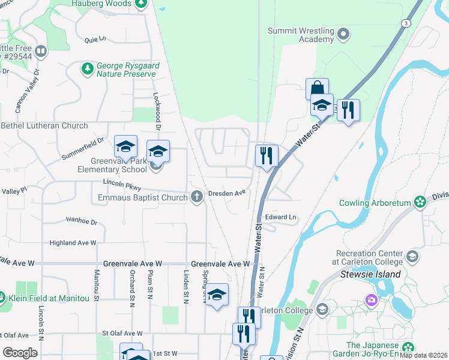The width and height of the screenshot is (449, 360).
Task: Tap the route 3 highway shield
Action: (406, 23)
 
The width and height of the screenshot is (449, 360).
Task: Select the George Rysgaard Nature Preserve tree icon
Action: (88, 69)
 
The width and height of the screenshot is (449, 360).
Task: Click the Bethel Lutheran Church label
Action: (44, 126)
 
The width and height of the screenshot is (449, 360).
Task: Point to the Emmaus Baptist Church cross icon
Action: (196, 197)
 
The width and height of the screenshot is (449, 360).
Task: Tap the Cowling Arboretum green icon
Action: (420, 202)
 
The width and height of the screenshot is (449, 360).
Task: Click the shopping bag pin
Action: (317, 89)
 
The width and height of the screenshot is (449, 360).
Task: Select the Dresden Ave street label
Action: (228, 193)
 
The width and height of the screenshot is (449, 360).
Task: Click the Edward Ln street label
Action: (281, 217)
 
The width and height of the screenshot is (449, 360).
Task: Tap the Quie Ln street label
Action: (95, 39)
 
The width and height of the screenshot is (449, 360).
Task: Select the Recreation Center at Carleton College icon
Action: (412, 257)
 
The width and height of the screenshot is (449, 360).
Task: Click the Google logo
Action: (20, 352)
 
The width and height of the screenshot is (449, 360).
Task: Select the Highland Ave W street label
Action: (73, 243)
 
